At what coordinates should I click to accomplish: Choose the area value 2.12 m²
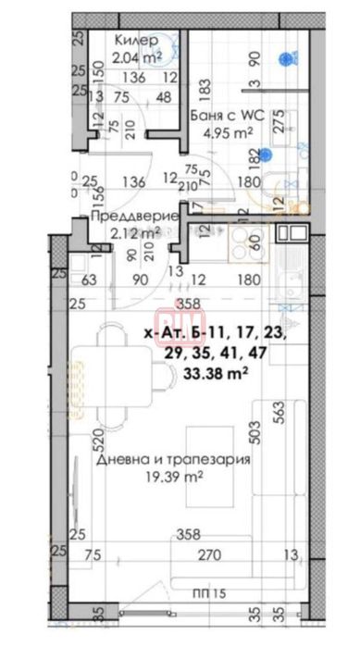point(123,232)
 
